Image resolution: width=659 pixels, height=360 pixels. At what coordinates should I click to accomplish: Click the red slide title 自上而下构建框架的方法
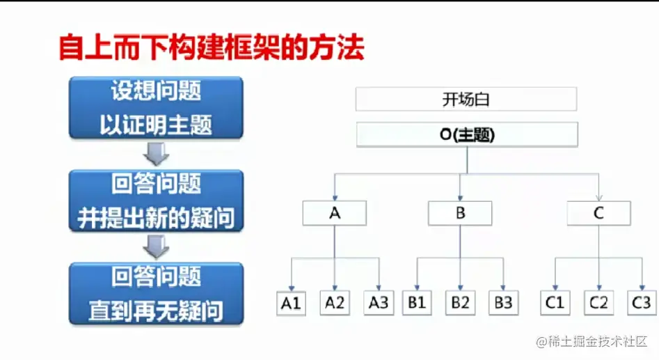point(212,48)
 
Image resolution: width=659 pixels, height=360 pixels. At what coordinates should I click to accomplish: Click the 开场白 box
point(466,100)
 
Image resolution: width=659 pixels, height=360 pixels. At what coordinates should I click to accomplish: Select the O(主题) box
point(467,134)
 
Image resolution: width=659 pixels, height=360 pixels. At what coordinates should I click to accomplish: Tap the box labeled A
point(335,213)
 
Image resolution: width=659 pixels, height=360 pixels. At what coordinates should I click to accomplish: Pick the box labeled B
point(460,213)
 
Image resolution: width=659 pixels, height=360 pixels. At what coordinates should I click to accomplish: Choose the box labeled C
point(599,213)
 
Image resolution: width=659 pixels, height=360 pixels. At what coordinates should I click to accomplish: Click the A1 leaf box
point(292,303)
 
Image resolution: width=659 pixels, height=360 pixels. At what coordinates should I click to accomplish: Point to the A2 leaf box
point(335,303)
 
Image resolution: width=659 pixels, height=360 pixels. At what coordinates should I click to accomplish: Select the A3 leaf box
point(379,303)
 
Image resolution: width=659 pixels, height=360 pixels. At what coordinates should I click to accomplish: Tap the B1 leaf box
point(417,303)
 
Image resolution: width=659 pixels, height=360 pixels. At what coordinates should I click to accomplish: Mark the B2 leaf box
point(460,303)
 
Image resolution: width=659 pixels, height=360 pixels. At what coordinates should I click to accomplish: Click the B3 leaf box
point(504,303)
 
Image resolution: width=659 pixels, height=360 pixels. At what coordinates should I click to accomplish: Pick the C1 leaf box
point(555,303)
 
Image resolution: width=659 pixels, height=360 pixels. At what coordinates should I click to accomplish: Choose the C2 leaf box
point(599,303)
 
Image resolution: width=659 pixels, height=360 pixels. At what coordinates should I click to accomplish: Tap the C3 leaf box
point(642,303)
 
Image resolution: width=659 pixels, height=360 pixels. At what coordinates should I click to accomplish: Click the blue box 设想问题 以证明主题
point(156,108)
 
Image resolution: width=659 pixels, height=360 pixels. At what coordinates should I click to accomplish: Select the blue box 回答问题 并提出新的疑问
point(156,201)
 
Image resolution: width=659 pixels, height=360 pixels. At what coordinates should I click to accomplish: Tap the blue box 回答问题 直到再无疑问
point(156,294)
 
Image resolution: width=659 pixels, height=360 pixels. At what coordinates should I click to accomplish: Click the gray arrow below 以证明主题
point(156,154)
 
